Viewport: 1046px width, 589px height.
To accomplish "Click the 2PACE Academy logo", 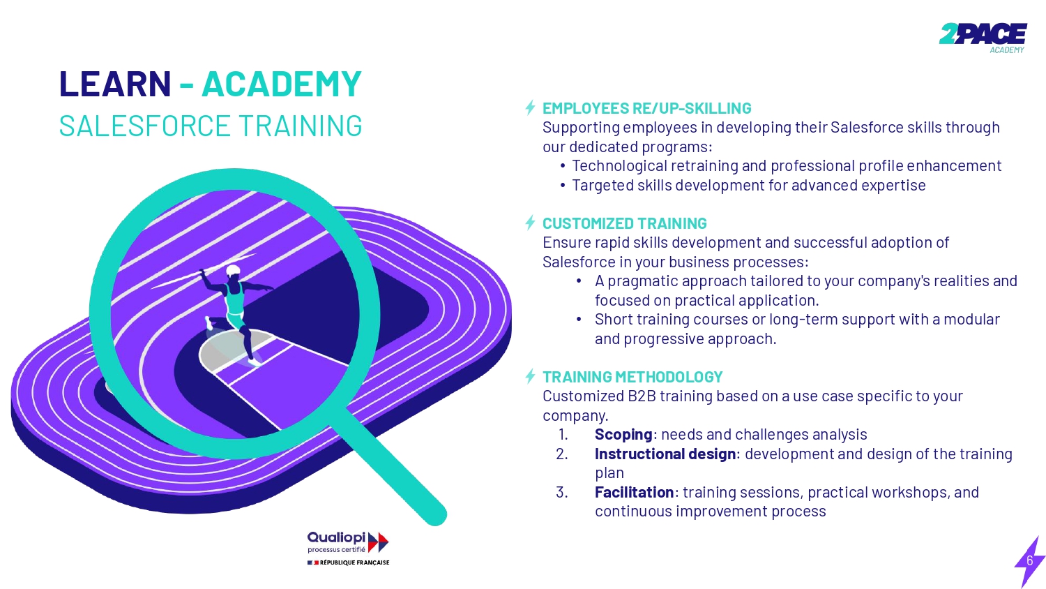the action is coord(983,38).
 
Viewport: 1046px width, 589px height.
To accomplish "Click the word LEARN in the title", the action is coord(115,84).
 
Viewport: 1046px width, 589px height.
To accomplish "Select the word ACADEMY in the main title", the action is coord(282,84).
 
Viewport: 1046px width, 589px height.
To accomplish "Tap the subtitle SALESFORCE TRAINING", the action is coord(211,126).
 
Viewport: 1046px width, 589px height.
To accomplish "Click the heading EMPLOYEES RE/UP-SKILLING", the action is coord(646,108).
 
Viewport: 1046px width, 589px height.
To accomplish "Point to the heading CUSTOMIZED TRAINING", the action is coord(624,223).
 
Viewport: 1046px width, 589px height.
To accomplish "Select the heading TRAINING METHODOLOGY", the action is coord(632,377).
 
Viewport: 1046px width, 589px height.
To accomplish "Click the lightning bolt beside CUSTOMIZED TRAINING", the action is coord(530,223).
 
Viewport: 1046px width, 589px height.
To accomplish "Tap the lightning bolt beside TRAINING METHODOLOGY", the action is coord(530,376).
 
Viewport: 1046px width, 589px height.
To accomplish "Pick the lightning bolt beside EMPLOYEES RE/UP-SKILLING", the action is coord(530,107).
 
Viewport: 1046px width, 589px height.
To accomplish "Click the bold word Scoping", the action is coord(623,435).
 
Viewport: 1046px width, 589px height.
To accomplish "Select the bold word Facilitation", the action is coord(634,492).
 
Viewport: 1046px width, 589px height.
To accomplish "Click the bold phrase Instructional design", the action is coord(665,454).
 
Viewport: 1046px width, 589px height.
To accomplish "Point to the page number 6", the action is coord(1030,560).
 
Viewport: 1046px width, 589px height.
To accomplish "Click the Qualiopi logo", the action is coord(348,542).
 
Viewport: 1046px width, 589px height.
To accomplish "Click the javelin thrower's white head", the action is coord(233,271).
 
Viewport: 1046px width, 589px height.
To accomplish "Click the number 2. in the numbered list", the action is coord(562,454).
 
